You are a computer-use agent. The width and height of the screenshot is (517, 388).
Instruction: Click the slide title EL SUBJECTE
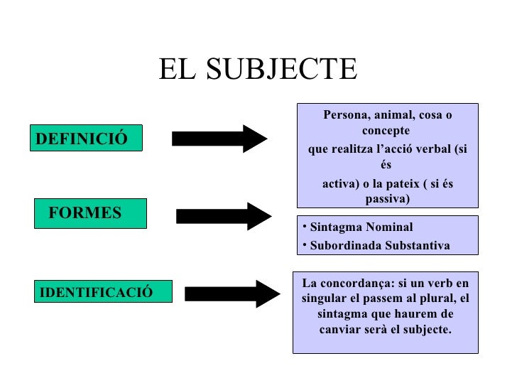coord(257,69)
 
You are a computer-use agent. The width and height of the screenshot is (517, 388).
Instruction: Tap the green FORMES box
coord(90,213)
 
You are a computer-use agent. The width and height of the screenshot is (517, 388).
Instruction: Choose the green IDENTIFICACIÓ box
coord(102,291)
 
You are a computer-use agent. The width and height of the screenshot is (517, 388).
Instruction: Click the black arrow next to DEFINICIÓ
coord(219,139)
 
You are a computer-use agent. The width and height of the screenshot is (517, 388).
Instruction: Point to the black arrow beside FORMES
coord(223,216)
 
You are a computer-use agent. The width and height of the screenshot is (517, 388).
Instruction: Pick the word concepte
coord(386,131)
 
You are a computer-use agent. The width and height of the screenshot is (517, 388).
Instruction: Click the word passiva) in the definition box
coord(388,200)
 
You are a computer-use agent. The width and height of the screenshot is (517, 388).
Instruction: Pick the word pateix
coord(397,184)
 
